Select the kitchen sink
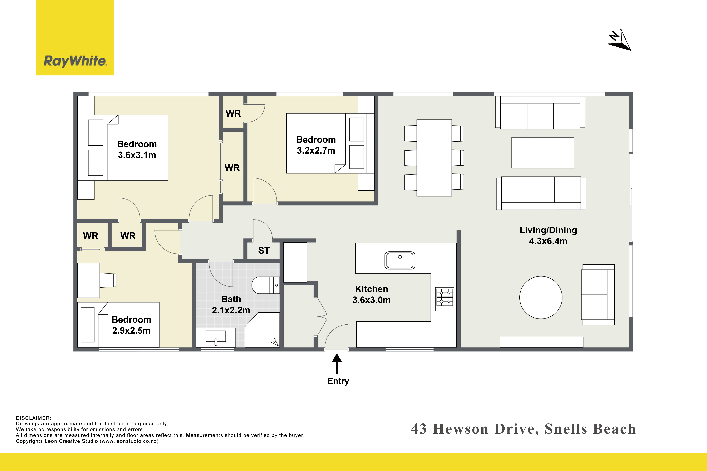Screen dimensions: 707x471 tap(400, 260)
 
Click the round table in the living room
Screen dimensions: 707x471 tap(541, 297)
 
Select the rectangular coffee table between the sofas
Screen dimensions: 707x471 tap(543, 153)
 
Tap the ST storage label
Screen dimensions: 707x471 tap(264, 250)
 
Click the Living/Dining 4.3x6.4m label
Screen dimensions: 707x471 tap(548, 235)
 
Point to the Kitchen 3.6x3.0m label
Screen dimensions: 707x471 tap(372, 294)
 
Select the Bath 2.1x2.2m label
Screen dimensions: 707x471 tap(231, 305)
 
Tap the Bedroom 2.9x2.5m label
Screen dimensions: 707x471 tap(131, 325)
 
